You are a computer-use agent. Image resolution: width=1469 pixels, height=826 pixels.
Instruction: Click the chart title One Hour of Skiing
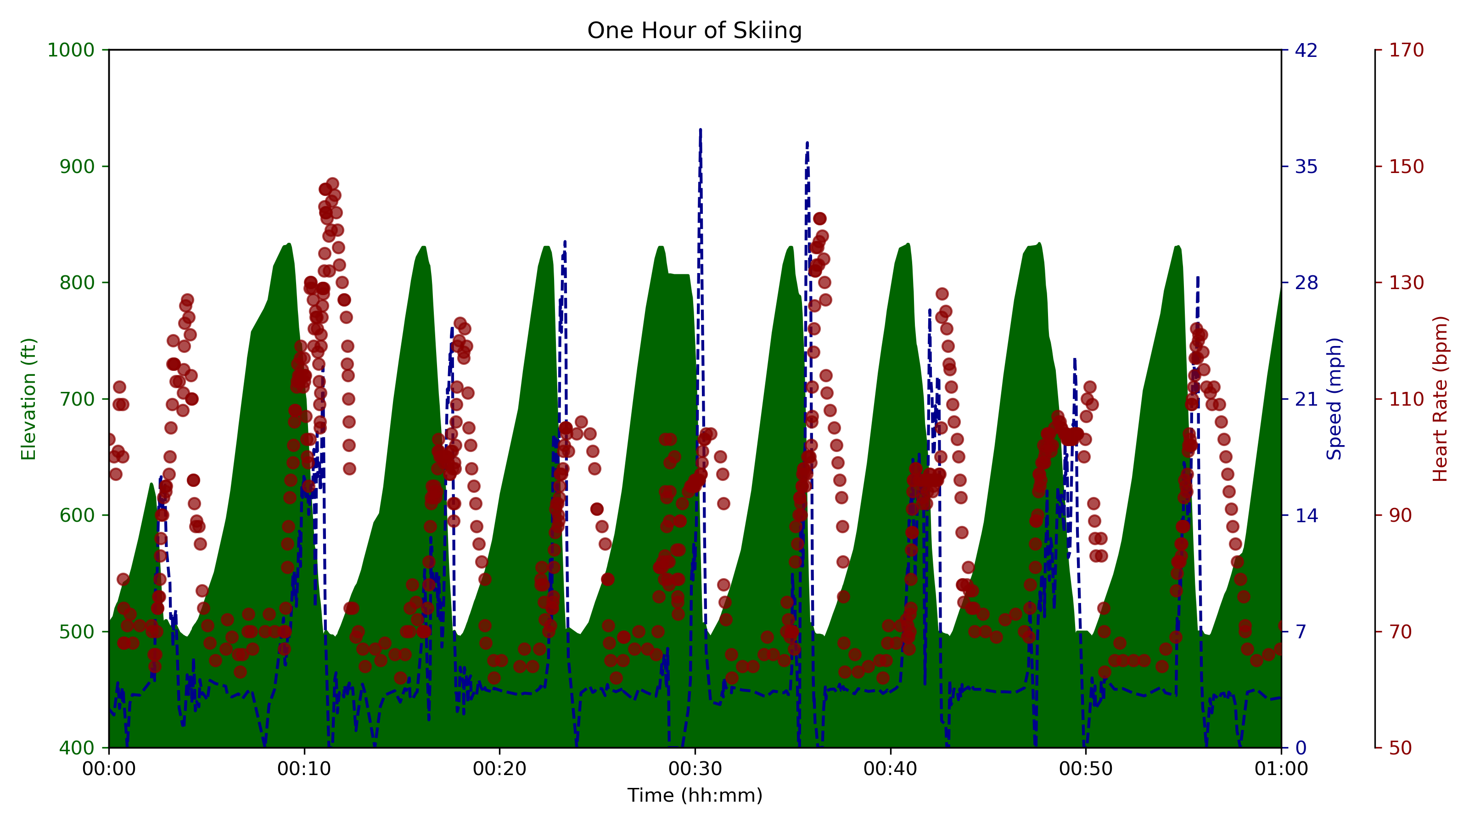pyautogui.click(x=694, y=30)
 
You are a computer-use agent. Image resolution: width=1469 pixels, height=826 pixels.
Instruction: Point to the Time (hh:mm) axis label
pyautogui.click(x=695, y=795)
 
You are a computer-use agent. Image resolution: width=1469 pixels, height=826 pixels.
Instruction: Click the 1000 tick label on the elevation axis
pyautogui.click(x=70, y=50)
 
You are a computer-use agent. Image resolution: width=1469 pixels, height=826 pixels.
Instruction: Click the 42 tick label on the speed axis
pyautogui.click(x=1306, y=50)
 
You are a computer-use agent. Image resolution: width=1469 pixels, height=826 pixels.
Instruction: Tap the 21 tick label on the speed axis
pyautogui.click(x=1306, y=399)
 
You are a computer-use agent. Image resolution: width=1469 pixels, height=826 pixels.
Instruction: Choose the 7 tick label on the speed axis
pyautogui.click(x=1301, y=631)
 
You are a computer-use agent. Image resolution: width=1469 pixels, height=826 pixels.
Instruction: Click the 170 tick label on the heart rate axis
pyautogui.click(x=1406, y=50)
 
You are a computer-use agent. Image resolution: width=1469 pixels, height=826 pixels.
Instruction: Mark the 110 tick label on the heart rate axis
pyautogui.click(x=1406, y=399)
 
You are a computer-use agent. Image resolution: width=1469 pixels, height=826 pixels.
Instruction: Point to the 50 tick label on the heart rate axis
pyautogui.click(x=1402, y=748)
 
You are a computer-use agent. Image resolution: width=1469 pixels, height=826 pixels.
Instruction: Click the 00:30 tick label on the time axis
pyautogui.click(x=695, y=769)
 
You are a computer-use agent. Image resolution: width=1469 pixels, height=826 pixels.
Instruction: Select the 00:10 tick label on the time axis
pyautogui.click(x=304, y=769)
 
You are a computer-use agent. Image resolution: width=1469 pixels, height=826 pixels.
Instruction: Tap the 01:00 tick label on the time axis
pyautogui.click(x=1281, y=769)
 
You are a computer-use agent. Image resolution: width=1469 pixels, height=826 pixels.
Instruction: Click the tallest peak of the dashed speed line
pyautogui.click(x=700, y=130)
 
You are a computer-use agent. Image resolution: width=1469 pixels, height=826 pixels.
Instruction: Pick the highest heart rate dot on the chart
pyautogui.click(x=332, y=184)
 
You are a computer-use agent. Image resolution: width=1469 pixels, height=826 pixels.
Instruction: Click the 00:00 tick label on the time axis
pyautogui.click(x=109, y=769)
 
